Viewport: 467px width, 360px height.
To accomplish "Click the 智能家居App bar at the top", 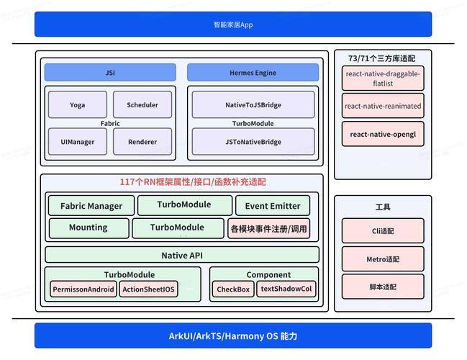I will [x=233, y=24].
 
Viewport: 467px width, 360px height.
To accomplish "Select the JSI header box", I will [x=110, y=73].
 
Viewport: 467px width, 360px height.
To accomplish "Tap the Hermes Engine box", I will [x=253, y=73].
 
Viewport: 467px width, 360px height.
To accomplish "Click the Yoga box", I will [x=77, y=105].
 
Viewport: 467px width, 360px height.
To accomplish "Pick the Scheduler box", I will [x=142, y=105].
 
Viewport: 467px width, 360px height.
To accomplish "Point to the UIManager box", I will [x=77, y=142].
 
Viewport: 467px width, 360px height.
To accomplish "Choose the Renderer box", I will [x=142, y=142].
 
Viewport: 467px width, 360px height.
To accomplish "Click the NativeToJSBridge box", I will [x=253, y=105].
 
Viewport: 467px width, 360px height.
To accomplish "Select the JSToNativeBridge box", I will [x=253, y=142].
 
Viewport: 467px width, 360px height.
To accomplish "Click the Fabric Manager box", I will [x=91, y=206].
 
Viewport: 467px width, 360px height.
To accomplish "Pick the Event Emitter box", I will [x=273, y=206].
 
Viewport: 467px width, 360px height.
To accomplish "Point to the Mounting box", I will [x=88, y=228].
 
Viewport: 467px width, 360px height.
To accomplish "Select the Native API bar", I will [x=182, y=255].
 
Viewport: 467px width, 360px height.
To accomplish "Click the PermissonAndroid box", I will [x=83, y=289].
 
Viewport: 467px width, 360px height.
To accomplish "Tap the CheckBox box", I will [x=233, y=289].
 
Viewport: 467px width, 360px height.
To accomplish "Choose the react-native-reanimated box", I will [x=383, y=106].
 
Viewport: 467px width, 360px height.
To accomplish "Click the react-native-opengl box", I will [x=383, y=134].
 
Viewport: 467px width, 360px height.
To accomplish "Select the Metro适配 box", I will [x=383, y=259].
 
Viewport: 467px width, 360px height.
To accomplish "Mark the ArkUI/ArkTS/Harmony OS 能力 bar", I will [x=233, y=336].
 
